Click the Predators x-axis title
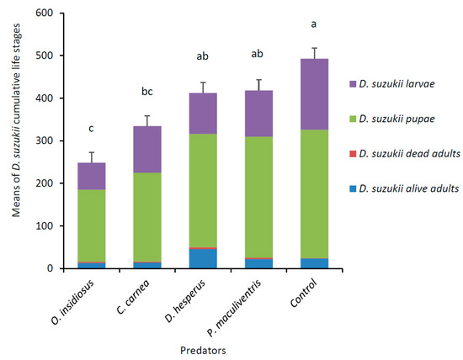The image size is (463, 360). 210,345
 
